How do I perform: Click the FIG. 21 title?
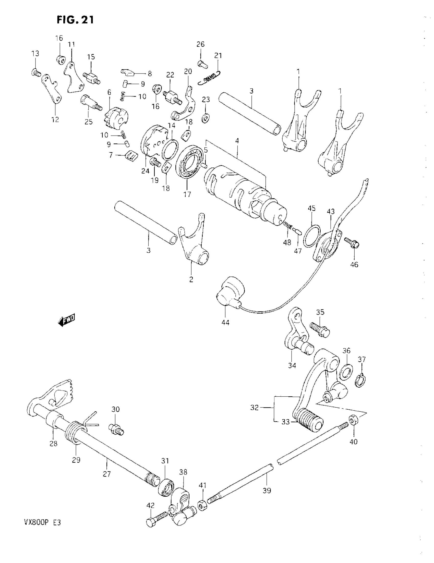(x=75, y=20)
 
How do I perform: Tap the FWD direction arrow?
(x=67, y=320)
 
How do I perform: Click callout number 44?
(x=225, y=322)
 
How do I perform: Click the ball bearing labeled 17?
(x=190, y=162)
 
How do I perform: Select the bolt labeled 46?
(x=352, y=242)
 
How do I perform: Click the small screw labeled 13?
(x=36, y=72)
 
